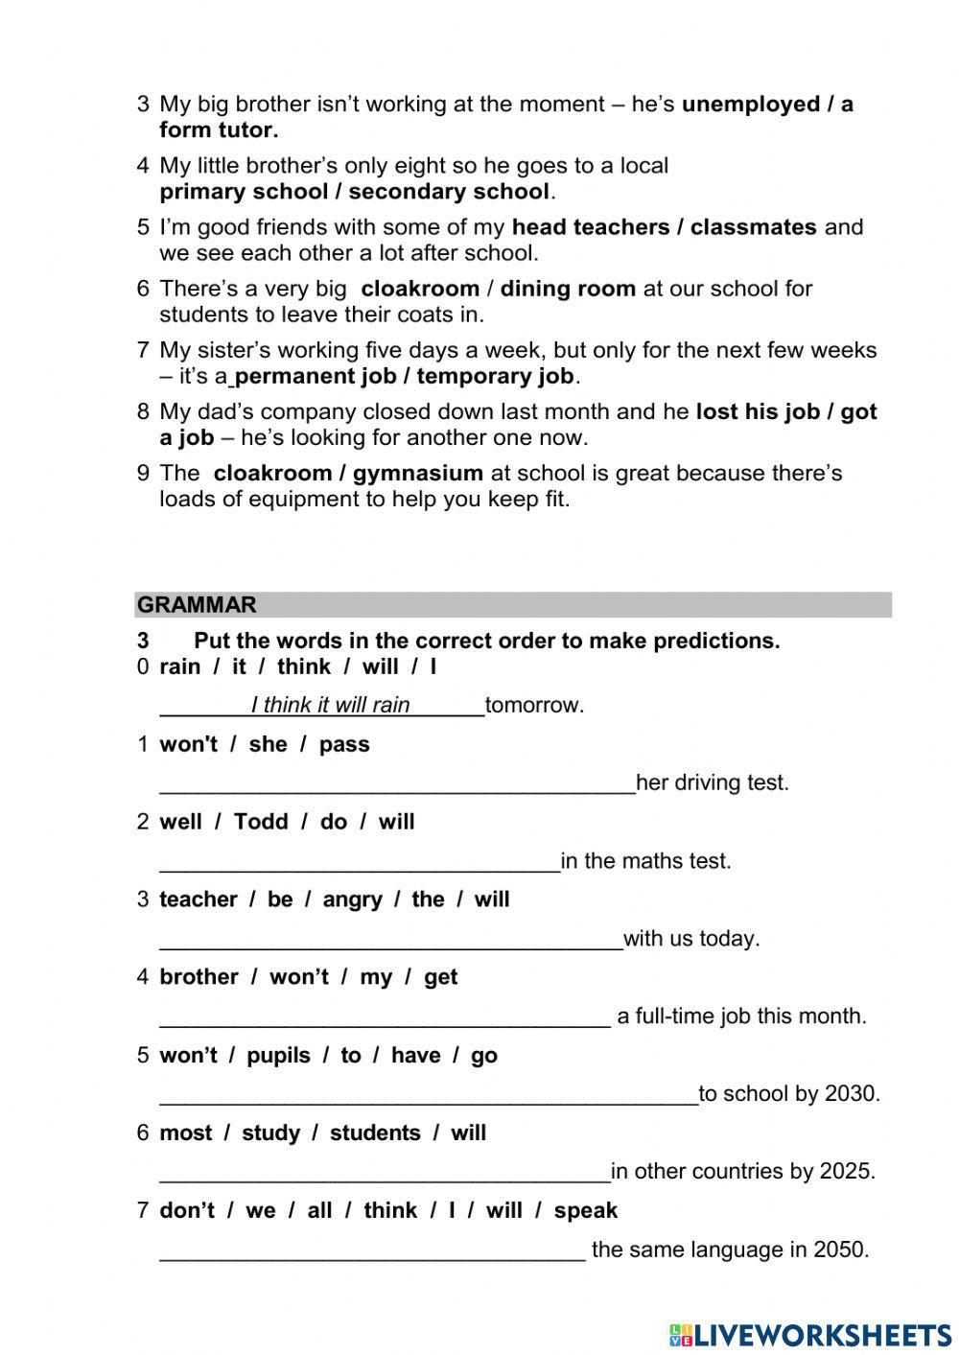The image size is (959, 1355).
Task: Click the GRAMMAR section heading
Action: click(197, 605)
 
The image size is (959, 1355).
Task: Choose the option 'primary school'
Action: click(244, 192)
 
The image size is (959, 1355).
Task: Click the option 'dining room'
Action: click(568, 289)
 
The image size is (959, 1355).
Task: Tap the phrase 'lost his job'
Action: click(758, 412)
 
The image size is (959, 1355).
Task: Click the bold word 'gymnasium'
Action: click(418, 473)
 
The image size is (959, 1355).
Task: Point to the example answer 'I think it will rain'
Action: click(330, 706)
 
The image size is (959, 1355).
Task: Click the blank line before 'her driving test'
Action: click(397, 784)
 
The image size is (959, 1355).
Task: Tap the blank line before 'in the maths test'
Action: click(360, 862)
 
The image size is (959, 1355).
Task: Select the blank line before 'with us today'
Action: click(390, 940)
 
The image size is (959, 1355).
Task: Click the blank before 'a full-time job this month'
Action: click(385, 1017)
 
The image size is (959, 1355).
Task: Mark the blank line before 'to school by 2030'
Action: click(429, 1095)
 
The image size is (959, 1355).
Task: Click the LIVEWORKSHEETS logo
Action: click(810, 1334)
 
